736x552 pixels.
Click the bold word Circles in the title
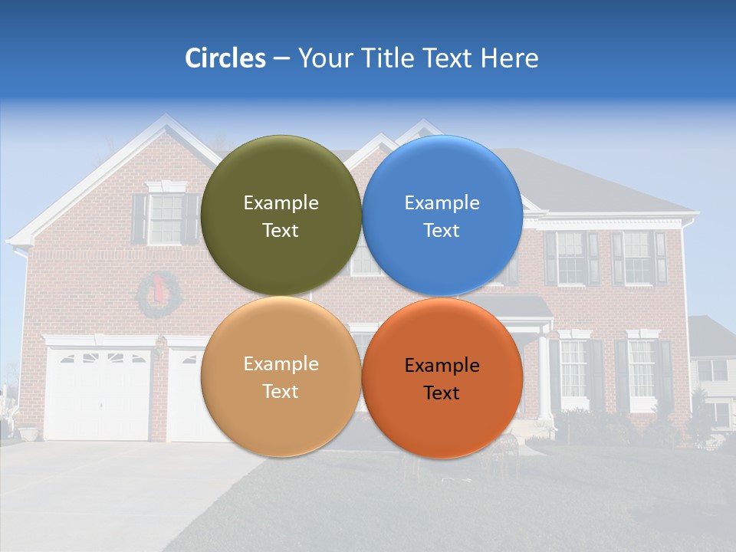tap(225, 58)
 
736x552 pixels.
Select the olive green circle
tap(281, 215)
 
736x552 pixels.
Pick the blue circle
tap(442, 215)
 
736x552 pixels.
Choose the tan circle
tap(281, 377)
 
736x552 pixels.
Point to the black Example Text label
tap(442, 379)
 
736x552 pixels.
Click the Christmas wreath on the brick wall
tap(158, 295)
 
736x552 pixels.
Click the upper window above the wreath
tap(165, 219)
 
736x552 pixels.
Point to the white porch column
tap(544, 376)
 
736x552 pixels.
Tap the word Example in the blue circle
tap(442, 203)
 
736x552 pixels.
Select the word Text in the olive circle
tap(281, 231)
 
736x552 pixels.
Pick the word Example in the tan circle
tap(281, 364)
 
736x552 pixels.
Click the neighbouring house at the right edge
tap(711, 376)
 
